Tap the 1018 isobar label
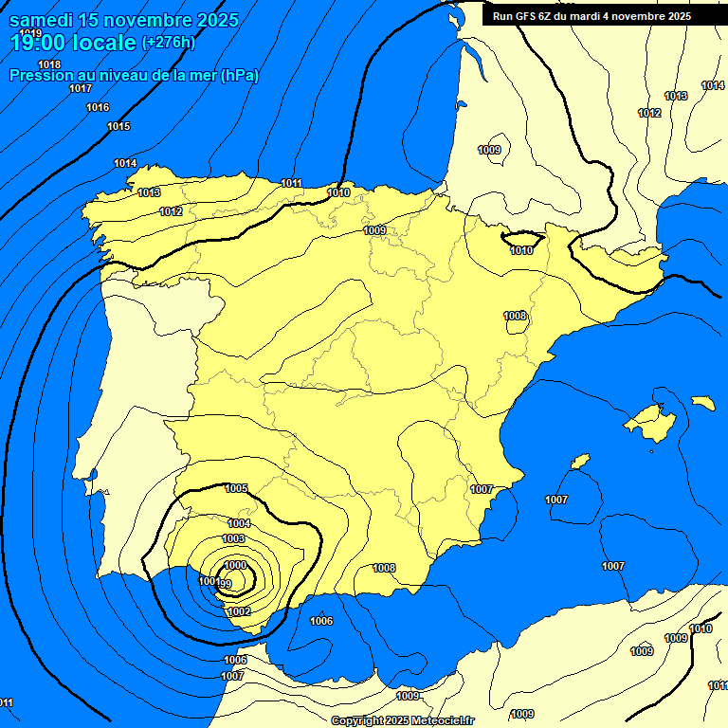[49, 64]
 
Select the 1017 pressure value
[81, 88]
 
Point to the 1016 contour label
[98, 107]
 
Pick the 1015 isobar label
[118, 126]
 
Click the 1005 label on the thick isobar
[236, 488]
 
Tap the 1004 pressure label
[239, 523]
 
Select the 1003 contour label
[233, 538]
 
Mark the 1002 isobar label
[239, 611]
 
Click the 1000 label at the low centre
[235, 565]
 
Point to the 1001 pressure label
[209, 580]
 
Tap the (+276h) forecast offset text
[169, 42]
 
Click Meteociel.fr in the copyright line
[442, 720]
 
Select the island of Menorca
[703, 403]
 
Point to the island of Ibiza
[579, 462]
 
